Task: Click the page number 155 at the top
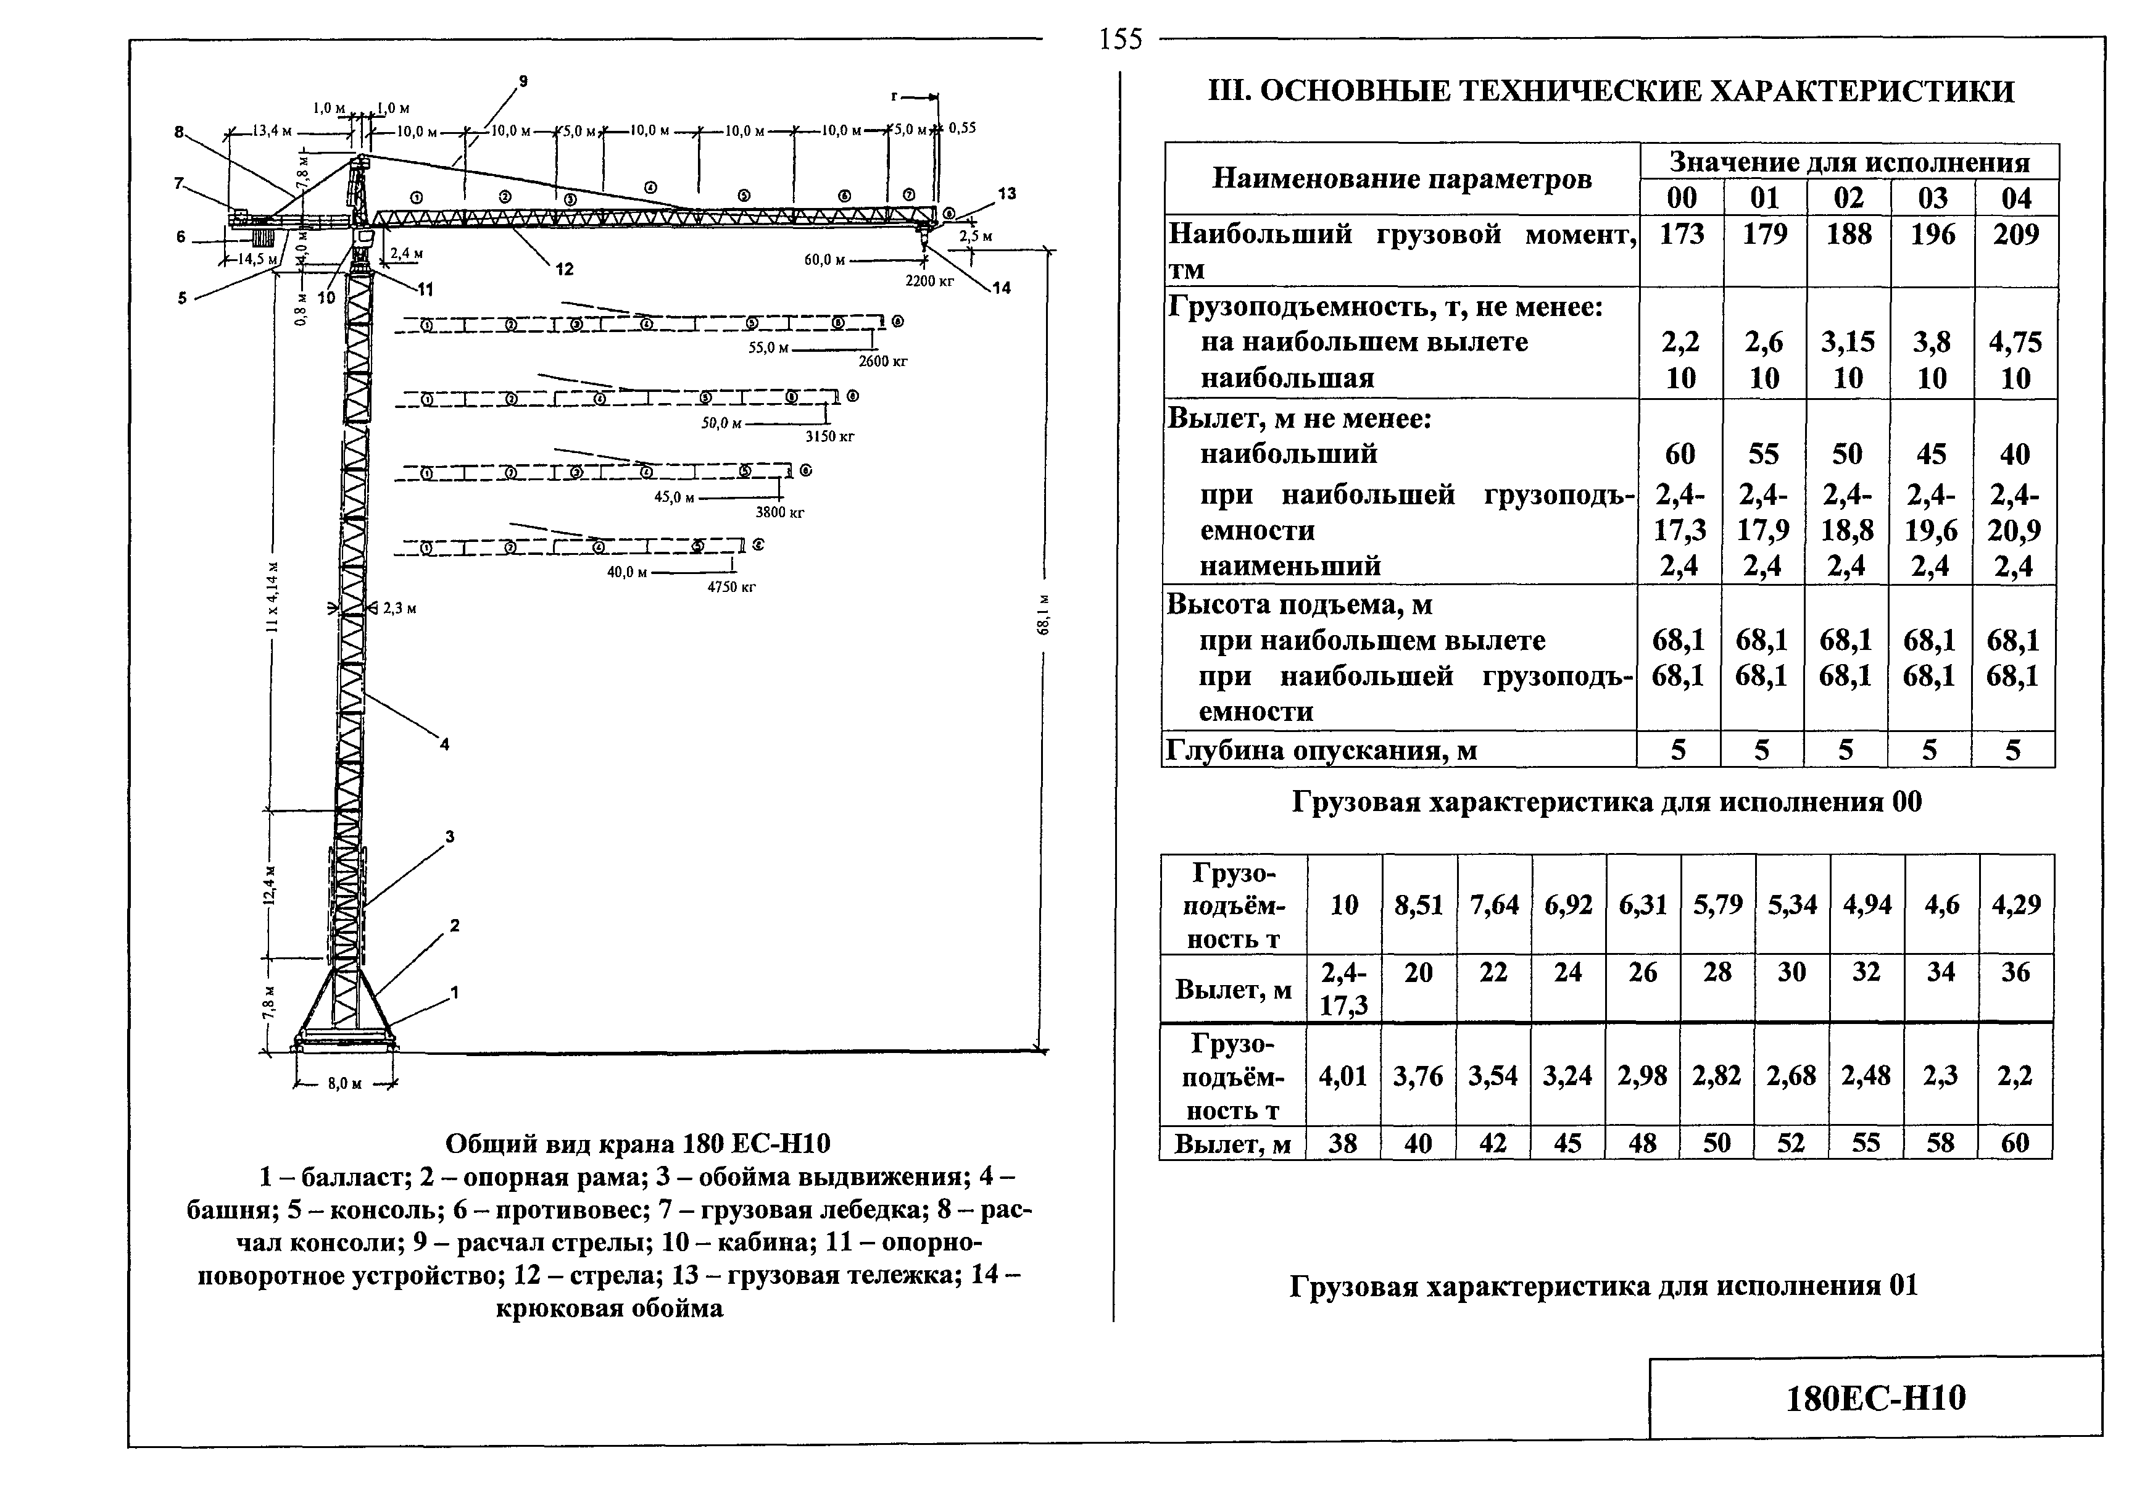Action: [x=1121, y=39]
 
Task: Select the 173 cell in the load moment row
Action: [x=1681, y=234]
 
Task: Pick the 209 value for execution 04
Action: [x=2016, y=234]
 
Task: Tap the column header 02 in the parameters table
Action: [x=1848, y=198]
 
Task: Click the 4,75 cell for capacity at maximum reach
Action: [x=2015, y=343]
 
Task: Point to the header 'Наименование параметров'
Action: [x=1401, y=178]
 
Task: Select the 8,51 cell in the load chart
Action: [x=1419, y=904]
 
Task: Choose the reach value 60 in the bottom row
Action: [x=2015, y=1143]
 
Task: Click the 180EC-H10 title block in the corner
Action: [x=1875, y=1397]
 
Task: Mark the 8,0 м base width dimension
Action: [x=344, y=1083]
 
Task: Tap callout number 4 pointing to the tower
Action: [x=445, y=744]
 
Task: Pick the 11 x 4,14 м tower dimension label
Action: [x=272, y=597]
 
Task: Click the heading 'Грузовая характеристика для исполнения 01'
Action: [x=1604, y=1286]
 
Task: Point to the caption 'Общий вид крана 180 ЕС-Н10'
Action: [x=637, y=1143]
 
